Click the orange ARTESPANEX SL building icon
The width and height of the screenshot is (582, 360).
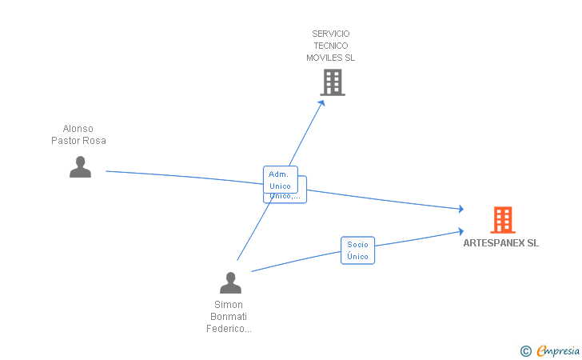coord(502,219)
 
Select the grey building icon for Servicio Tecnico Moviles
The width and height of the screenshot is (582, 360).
coord(332,82)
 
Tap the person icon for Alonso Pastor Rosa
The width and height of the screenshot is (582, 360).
coord(80,166)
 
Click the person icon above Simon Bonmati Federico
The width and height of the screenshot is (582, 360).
coord(230,282)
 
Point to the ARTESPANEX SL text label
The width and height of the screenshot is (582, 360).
coord(500,243)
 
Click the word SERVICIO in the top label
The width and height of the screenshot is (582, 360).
coord(331,34)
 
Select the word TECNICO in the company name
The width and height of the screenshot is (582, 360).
coord(331,46)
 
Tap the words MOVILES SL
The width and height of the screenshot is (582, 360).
coord(331,58)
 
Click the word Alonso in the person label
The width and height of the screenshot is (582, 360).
coord(78,129)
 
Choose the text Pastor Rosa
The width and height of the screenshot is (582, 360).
coord(78,141)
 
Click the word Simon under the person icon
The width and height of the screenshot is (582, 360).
coord(229,305)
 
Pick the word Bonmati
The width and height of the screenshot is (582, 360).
coord(229,317)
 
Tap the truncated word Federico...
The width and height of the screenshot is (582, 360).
coord(229,329)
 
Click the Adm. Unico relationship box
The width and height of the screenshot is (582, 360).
coord(280,179)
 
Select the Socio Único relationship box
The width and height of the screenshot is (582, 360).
coord(357,250)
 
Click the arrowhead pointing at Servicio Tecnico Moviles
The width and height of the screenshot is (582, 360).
coord(322,102)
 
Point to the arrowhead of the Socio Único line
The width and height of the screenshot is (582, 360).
coord(460,231)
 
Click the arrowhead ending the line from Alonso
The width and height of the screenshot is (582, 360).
coord(460,209)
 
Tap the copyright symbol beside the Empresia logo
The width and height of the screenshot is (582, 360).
coord(525,350)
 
